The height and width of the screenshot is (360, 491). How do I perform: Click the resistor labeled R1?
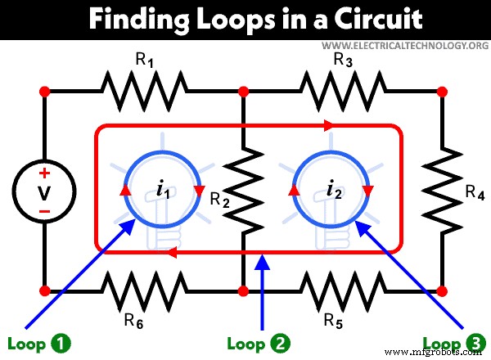[145, 90]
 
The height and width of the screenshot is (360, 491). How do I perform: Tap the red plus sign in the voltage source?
[45, 173]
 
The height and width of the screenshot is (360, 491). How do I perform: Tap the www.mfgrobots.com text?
[440, 353]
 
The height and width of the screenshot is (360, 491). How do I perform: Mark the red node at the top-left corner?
[45, 90]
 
